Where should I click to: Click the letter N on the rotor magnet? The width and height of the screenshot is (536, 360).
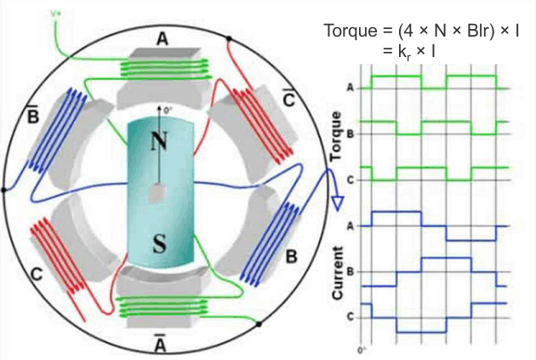click(157, 141)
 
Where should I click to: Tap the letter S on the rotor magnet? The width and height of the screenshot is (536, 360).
click(158, 243)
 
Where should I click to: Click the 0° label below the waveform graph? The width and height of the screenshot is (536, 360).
click(362, 349)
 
